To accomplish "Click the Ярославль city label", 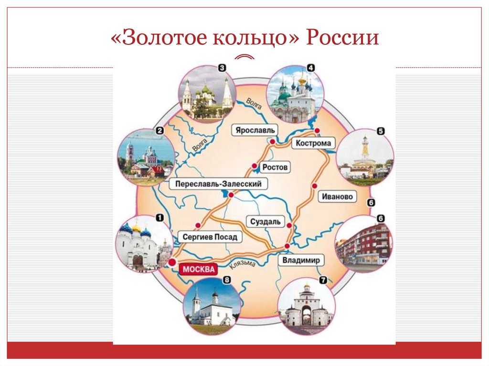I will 255,130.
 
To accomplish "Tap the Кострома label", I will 312,144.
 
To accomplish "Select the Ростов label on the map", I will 276,167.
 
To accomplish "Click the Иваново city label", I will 337,197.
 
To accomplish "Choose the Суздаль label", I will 266,222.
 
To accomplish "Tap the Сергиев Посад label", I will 210,237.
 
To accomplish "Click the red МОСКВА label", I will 199,269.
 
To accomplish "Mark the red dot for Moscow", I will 171,262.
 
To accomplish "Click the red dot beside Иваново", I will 315,186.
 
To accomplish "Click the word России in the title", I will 342,37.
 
